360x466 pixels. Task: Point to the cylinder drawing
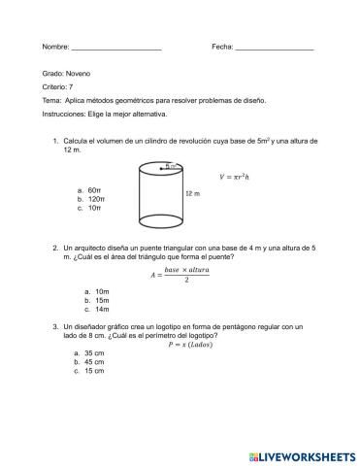point(157,191)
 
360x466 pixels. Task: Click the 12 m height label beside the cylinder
point(192,193)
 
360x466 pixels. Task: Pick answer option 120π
point(97,199)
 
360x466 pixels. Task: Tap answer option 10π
point(95,208)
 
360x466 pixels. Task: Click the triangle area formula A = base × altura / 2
point(182,275)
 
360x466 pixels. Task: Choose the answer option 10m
point(97,292)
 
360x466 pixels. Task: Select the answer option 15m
point(97,301)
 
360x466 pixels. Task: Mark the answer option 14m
point(97,310)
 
